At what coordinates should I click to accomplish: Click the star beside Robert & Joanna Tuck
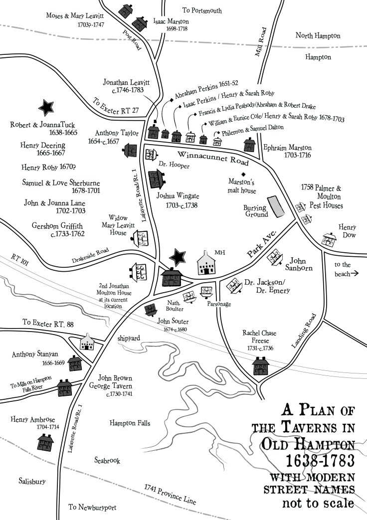[46, 107]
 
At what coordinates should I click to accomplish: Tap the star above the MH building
[178, 256]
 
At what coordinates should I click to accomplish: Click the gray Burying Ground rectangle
[275, 206]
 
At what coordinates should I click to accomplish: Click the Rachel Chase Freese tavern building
[260, 366]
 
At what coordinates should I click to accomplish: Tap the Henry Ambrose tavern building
[45, 441]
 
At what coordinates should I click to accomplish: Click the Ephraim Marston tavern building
[249, 145]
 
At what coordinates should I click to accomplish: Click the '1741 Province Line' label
[170, 494]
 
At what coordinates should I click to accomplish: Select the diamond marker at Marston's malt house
[243, 174]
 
